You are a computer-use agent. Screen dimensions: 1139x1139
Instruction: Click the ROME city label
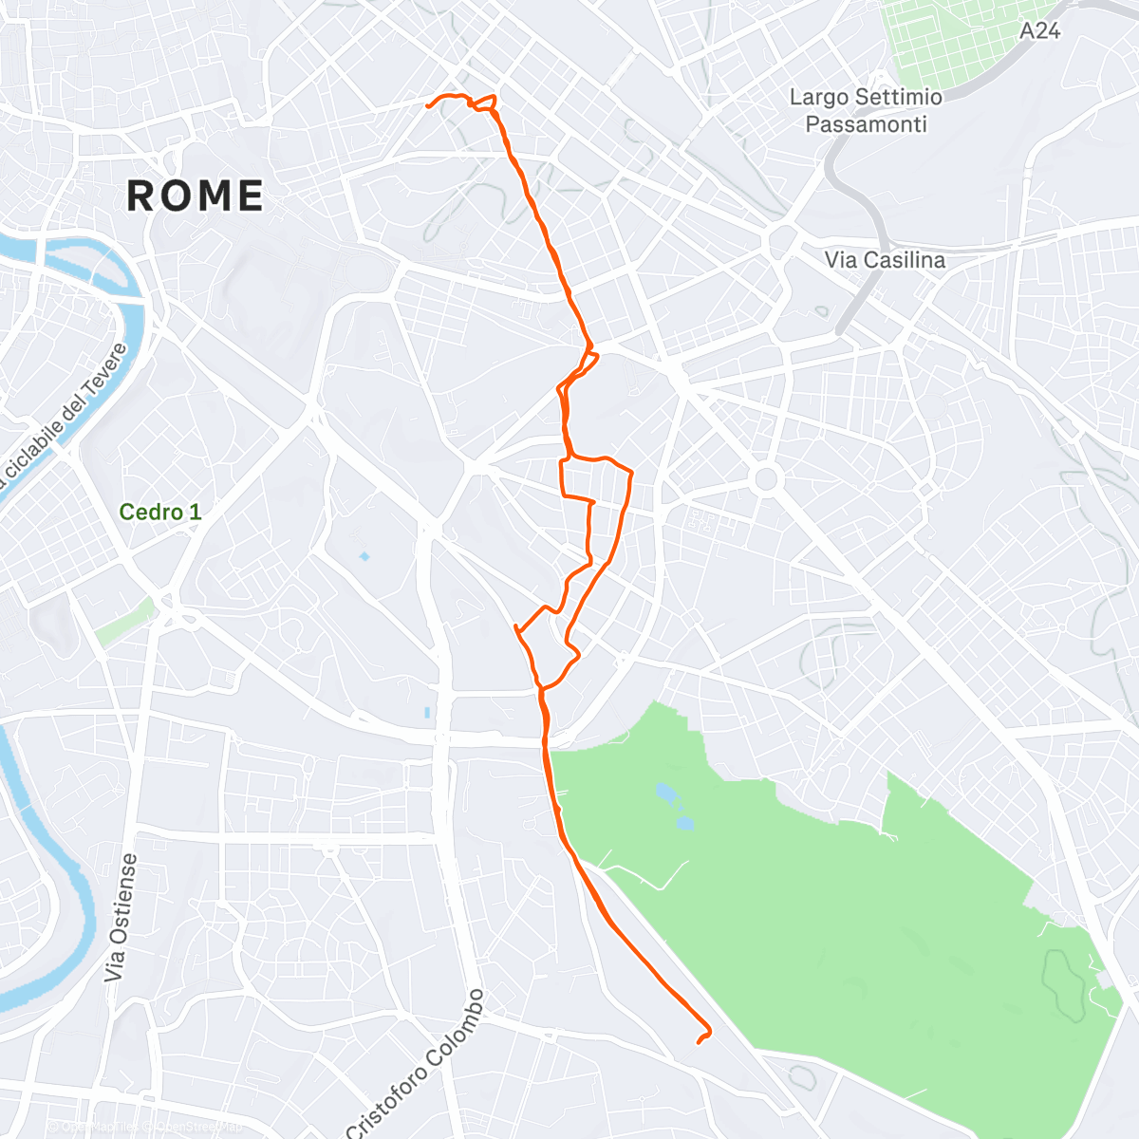click(196, 196)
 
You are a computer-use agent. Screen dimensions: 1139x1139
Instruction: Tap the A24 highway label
click(1039, 31)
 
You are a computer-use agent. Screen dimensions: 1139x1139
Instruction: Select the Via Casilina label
click(885, 259)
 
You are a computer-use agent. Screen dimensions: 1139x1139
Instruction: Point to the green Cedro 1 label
click(159, 513)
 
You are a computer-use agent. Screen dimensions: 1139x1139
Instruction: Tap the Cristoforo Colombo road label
click(418, 1063)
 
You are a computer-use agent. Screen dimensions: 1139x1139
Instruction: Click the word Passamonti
click(866, 124)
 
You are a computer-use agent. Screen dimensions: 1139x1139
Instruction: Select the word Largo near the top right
click(817, 97)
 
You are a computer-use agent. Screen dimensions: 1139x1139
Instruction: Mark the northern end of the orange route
click(429, 105)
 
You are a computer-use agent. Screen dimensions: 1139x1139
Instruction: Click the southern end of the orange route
click(699, 1042)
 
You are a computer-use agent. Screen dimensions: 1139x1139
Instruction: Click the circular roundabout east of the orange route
click(766, 478)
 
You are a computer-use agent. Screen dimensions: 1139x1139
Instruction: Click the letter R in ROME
click(142, 196)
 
